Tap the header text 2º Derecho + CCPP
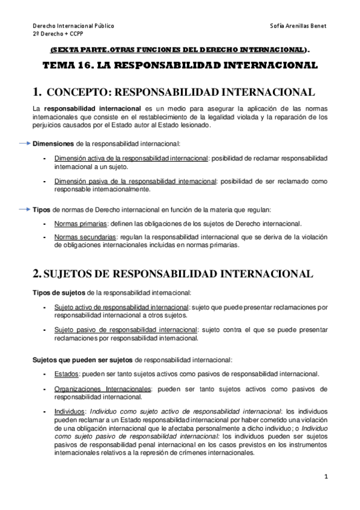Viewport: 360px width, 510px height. [x=58, y=35]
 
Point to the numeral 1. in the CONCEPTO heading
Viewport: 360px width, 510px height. [x=37, y=92]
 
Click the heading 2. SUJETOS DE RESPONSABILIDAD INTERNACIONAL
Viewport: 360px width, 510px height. [x=172, y=274]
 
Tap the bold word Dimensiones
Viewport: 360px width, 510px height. [x=53, y=144]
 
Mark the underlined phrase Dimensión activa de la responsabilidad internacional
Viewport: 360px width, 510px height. [x=130, y=158]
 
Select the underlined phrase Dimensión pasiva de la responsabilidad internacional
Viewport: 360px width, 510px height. [x=135, y=180]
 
